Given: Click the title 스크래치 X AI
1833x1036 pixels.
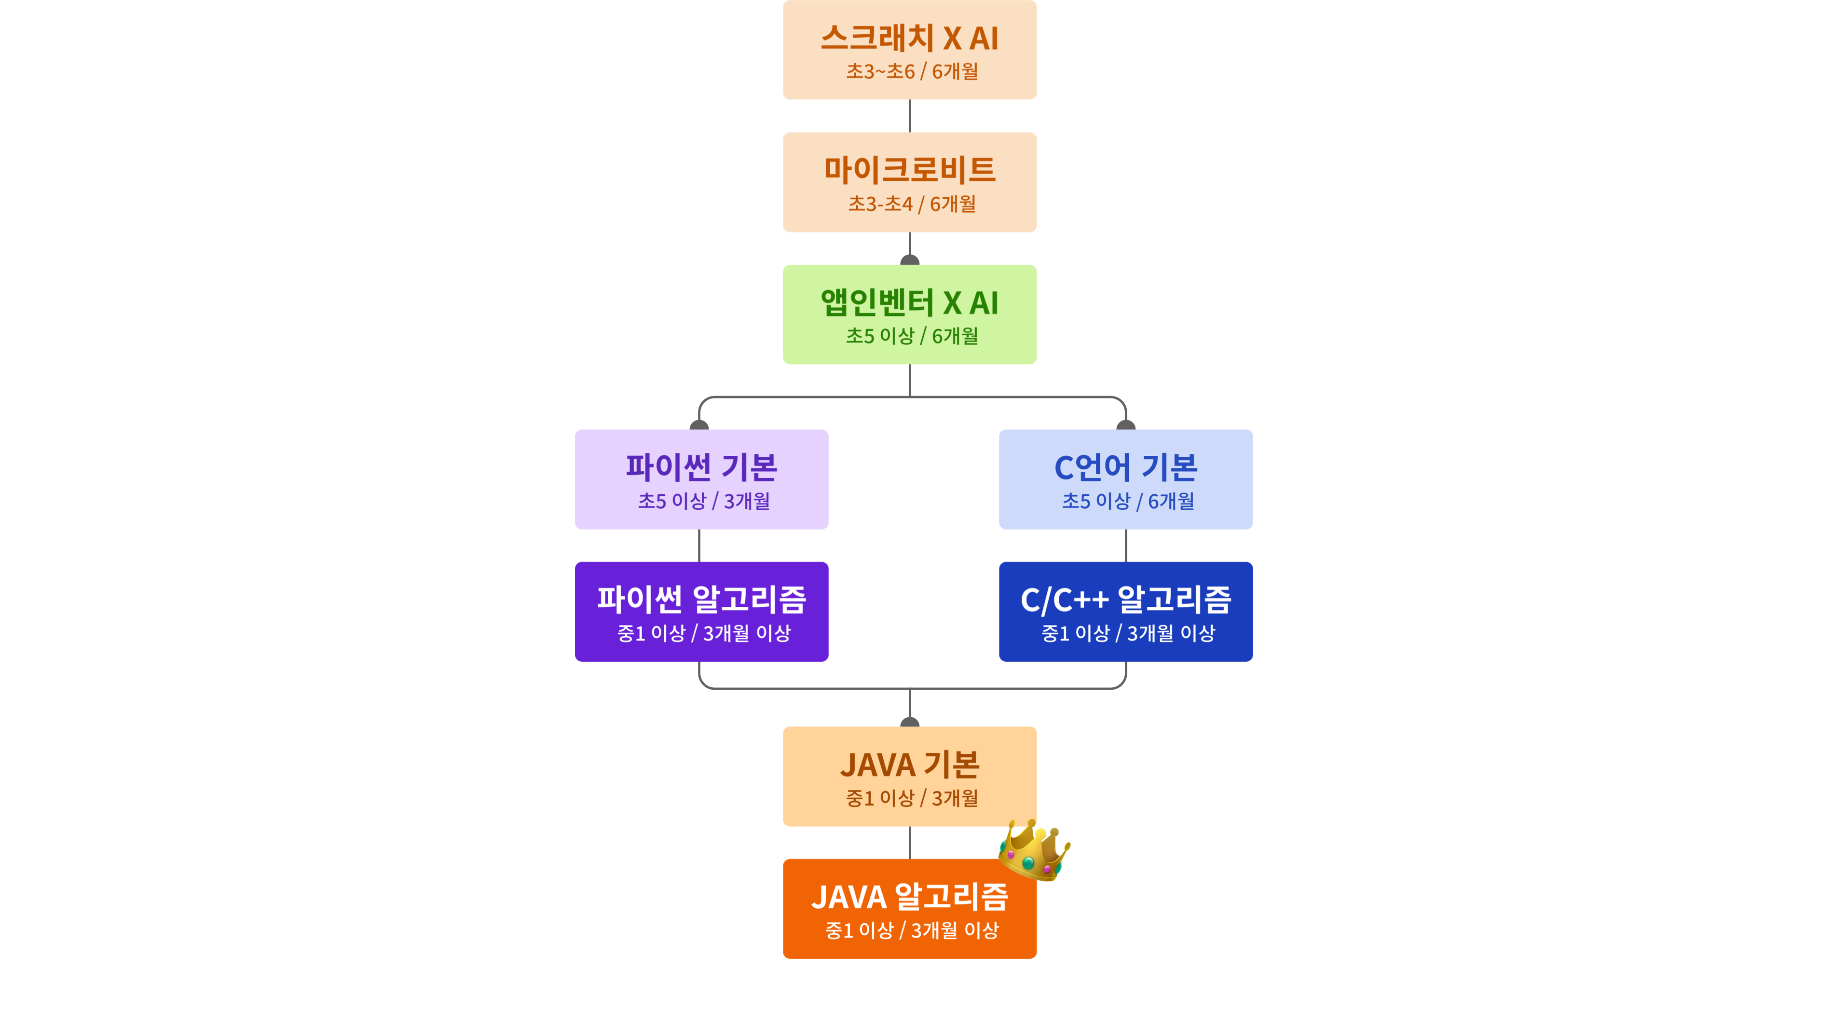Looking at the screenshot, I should pos(909,38).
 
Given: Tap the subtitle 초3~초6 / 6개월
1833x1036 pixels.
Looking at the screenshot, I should pos(912,71).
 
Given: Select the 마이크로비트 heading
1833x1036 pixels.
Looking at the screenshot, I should pos(909,170).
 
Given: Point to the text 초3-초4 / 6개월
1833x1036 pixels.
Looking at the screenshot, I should pos(912,204).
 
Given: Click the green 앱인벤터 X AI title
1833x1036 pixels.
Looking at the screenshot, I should pos(909,302).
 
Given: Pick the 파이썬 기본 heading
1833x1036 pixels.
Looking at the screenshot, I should pos(702,467).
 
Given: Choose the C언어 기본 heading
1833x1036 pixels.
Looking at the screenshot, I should pos(1126,467).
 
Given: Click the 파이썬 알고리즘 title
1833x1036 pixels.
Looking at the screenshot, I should pos(702,599).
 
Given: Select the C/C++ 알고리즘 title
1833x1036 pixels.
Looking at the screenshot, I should pos(1126,599).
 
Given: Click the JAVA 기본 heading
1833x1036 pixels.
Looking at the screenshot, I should pos(909,765).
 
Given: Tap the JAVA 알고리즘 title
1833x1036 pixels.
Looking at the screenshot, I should pos(909,897).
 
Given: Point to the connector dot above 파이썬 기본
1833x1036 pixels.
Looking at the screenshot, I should pos(699,425).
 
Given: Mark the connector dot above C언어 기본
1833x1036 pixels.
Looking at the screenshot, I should pos(1126,425).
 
